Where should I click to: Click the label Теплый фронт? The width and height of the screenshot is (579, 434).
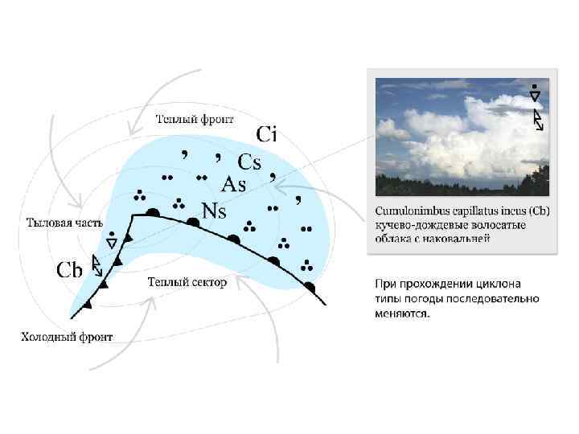point(195,120)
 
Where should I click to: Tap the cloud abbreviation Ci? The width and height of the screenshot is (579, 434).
point(266,134)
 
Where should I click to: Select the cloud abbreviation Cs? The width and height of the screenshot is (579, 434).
point(248,162)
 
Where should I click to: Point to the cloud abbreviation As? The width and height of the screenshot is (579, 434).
point(232,184)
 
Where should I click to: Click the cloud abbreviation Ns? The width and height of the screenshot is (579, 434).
point(213,211)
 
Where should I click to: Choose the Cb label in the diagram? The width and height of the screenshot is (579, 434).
point(69,270)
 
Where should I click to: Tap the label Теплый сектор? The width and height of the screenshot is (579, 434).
point(187,282)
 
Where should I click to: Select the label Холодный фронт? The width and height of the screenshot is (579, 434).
point(67,337)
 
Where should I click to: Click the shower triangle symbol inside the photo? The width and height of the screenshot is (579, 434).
point(535,96)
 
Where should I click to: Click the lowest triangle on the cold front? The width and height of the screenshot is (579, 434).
point(88,305)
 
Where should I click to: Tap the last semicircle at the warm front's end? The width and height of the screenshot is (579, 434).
point(310,286)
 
